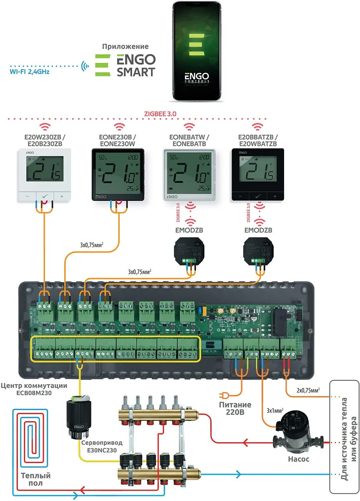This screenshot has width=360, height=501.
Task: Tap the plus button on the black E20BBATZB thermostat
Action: point(274,196)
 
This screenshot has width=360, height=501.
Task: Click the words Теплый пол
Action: point(36,479)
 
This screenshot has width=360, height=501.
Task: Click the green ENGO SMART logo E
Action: point(102,64)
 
